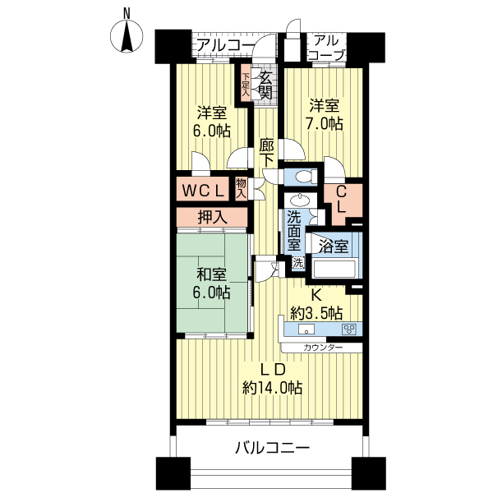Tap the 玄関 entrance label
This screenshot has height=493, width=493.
[x=265, y=85]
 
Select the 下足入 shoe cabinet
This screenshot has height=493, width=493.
[x=246, y=85]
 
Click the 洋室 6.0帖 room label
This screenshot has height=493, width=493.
[x=213, y=121]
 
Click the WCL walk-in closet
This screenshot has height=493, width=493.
[x=203, y=191]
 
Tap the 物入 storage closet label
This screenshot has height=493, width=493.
[x=242, y=189]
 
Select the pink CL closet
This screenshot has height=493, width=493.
[x=341, y=200]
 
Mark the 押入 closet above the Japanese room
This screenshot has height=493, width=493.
[x=211, y=218]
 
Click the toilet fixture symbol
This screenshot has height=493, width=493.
[x=303, y=175]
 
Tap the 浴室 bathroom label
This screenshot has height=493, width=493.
[x=334, y=246]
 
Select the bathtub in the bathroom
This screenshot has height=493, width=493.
[x=333, y=269]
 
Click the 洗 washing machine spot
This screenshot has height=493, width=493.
[x=297, y=264]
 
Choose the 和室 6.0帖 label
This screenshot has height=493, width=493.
[x=212, y=283]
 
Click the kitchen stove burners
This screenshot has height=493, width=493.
[x=348, y=329]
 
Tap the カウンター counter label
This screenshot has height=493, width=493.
[x=321, y=348]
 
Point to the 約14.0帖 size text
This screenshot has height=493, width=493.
[x=272, y=387]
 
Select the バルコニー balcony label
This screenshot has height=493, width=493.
[x=271, y=449]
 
